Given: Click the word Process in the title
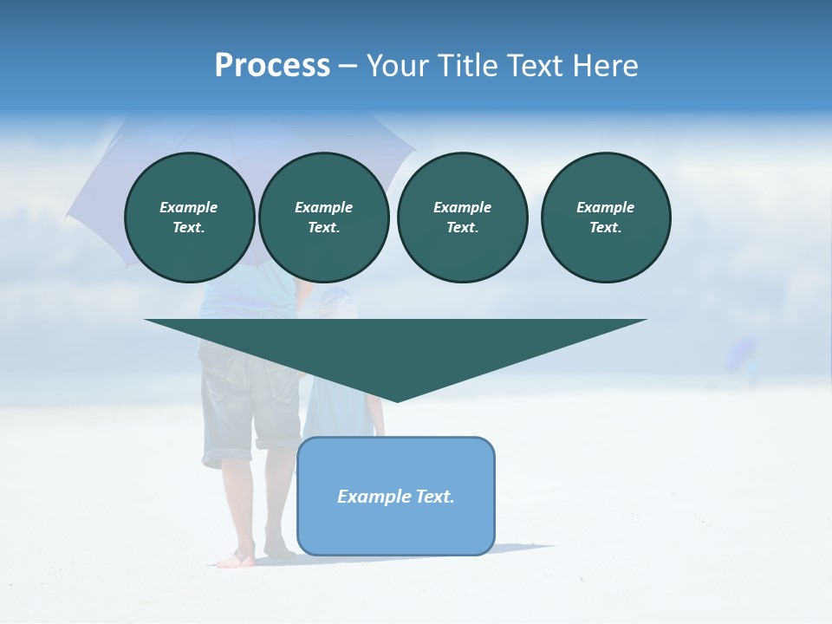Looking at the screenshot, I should click(x=272, y=66).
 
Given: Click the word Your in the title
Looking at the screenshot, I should click(x=398, y=66).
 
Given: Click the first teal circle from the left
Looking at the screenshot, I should click(x=190, y=218).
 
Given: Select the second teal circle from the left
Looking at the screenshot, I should click(x=324, y=218).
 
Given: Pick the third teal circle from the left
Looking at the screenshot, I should click(x=463, y=218).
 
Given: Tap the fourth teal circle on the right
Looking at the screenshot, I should click(x=606, y=218).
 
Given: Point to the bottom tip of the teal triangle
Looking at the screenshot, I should click(x=397, y=400).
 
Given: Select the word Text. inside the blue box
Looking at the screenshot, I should click(x=435, y=497).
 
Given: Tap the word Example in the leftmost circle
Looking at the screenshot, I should click(x=189, y=207).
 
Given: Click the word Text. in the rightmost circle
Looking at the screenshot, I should click(x=606, y=228).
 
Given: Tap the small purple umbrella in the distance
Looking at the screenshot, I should click(x=742, y=351).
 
